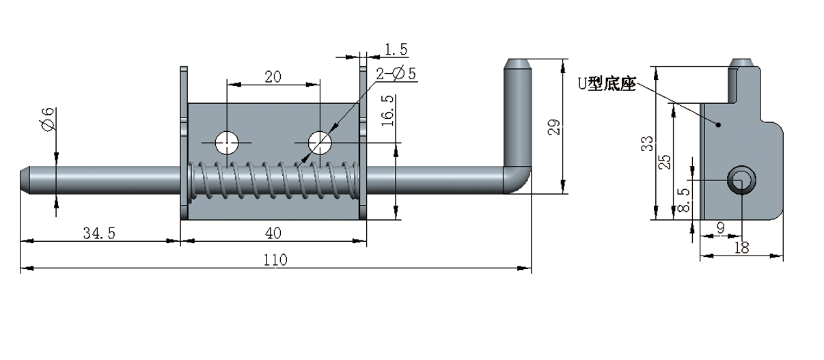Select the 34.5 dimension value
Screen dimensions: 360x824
pos(99,233)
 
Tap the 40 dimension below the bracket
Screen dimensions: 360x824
pos(273,233)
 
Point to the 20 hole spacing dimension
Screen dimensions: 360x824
pos(273,77)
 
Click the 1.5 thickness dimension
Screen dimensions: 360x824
pos(396,49)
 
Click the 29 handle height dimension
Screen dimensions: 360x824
pos(554,127)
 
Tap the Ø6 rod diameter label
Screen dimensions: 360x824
pos(47,120)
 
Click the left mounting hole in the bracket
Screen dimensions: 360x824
pos(227,143)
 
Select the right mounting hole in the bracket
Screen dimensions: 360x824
pos(319,143)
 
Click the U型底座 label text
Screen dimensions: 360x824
pos(607,85)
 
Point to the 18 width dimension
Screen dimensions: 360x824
pos(741,247)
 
